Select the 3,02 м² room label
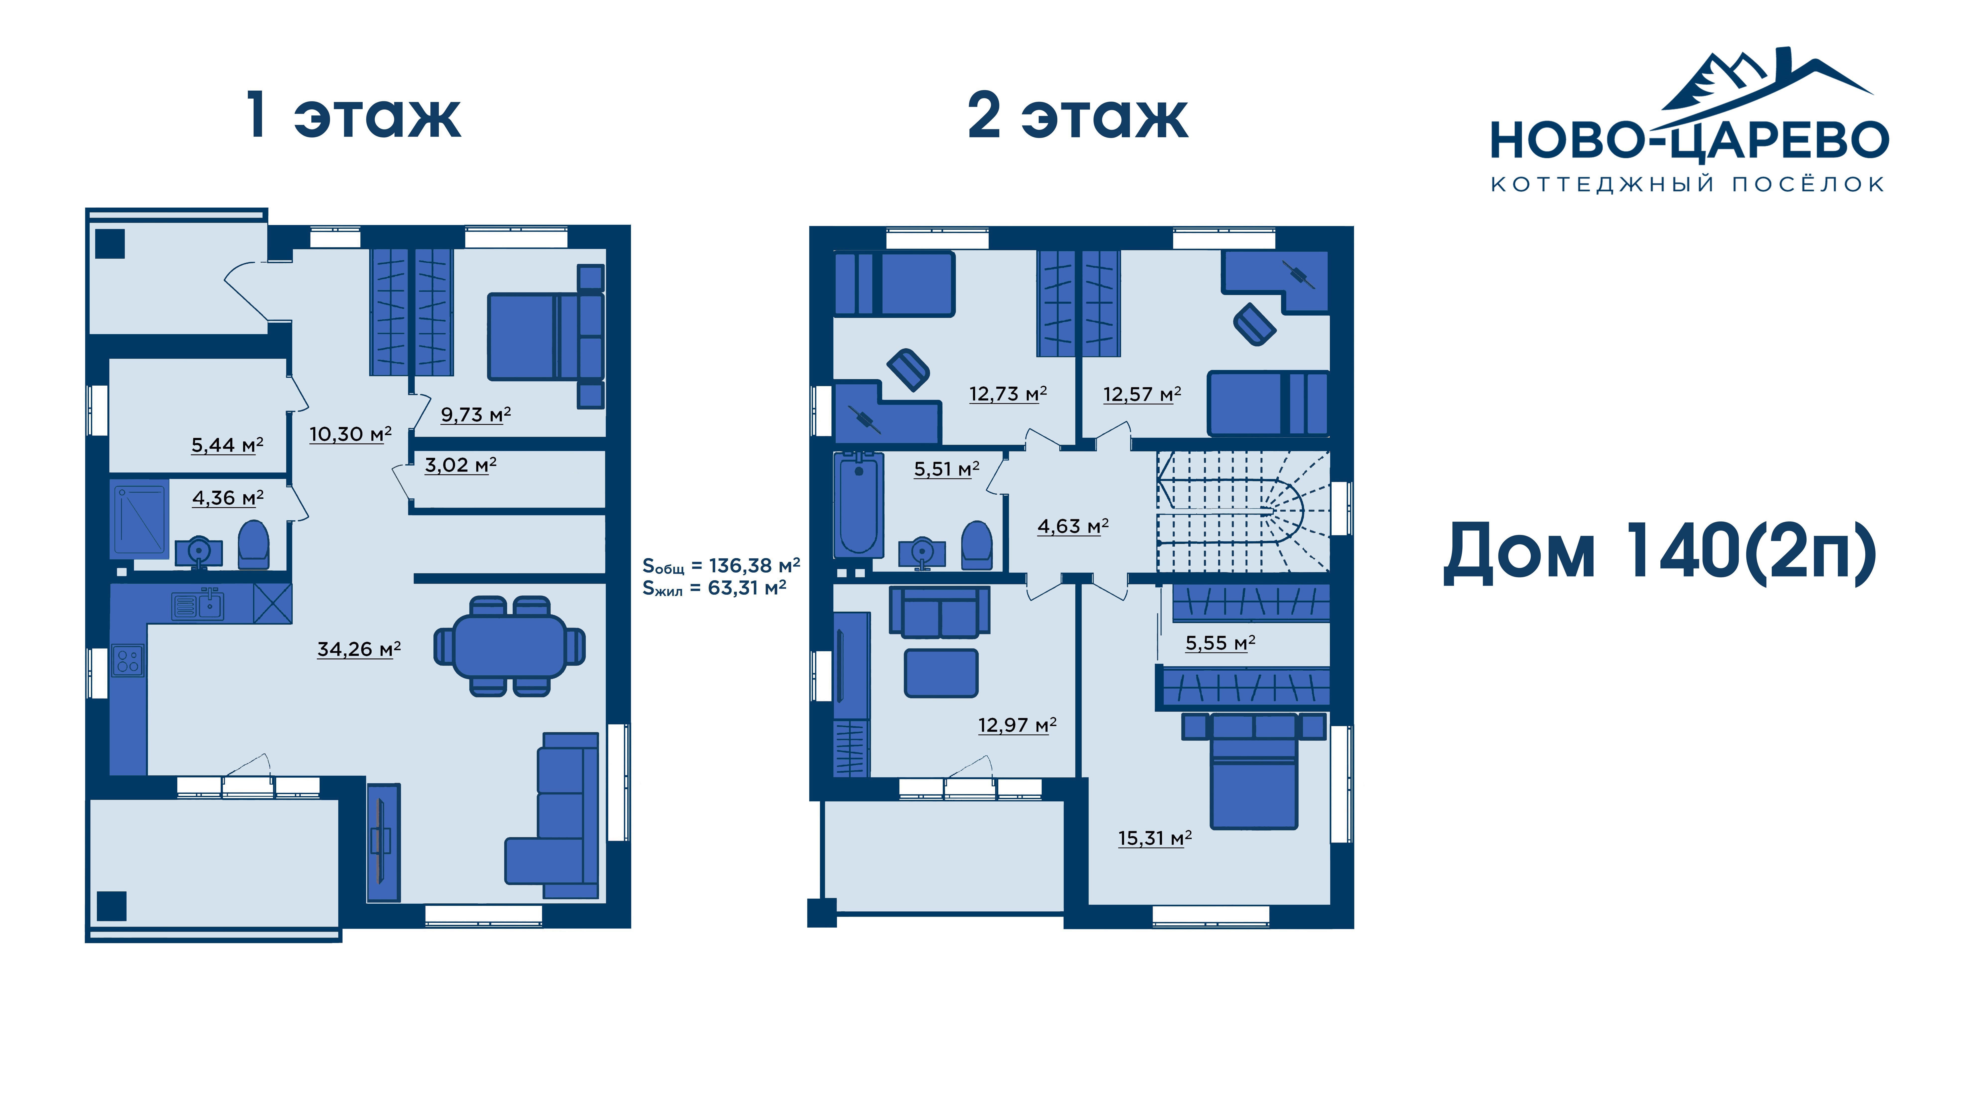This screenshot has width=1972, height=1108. pyautogui.click(x=460, y=465)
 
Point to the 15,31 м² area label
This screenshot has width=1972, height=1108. pyautogui.click(x=1155, y=838)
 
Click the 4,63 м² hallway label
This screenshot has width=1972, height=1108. pyautogui.click(x=1073, y=526)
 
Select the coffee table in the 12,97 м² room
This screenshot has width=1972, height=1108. pyautogui.click(x=941, y=673)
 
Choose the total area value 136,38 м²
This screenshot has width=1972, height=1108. pyautogui.click(x=754, y=566)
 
